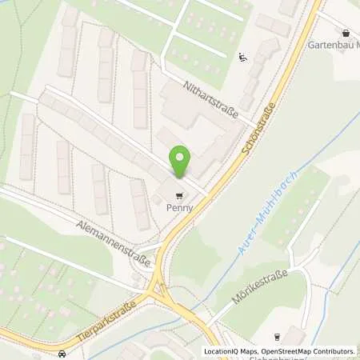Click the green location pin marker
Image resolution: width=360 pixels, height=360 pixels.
[x=181, y=162]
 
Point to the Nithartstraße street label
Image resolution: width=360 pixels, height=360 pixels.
[x=211, y=100]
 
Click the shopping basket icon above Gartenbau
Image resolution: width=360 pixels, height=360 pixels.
[x=346, y=33]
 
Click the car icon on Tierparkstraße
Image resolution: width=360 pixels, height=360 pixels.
[x=61, y=354]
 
